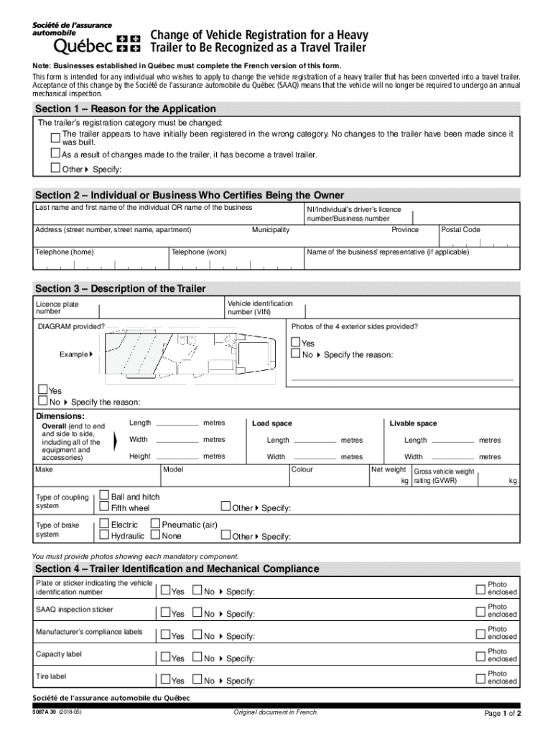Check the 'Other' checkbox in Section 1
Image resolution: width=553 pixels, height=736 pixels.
coord(55,168)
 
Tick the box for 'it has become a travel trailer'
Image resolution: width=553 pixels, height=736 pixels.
coord(55,153)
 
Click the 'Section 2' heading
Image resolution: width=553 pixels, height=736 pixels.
coord(190,195)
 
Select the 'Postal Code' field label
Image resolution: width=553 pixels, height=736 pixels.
coord(460,230)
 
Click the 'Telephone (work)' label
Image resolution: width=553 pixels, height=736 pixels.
coord(199,252)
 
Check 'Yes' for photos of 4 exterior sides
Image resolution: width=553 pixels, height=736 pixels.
coord(295,343)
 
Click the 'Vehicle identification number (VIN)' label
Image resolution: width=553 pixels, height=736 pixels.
coord(260,308)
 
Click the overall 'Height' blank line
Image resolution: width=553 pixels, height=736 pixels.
coord(177,456)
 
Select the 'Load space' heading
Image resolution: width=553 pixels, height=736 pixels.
coord(271,423)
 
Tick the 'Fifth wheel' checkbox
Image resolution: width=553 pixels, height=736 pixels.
coord(104,507)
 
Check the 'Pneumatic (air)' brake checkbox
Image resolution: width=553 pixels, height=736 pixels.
coord(155,525)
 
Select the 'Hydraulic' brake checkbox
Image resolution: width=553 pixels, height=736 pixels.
coord(104,535)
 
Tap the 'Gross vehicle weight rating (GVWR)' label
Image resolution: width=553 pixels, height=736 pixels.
coord(443,476)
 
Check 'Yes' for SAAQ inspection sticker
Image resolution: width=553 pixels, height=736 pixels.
coord(165,614)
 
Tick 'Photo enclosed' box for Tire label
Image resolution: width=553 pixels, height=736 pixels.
coord(480,677)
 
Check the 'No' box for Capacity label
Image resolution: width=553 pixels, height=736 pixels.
coord(197,658)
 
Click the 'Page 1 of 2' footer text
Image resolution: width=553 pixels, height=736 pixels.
coord(503,714)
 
